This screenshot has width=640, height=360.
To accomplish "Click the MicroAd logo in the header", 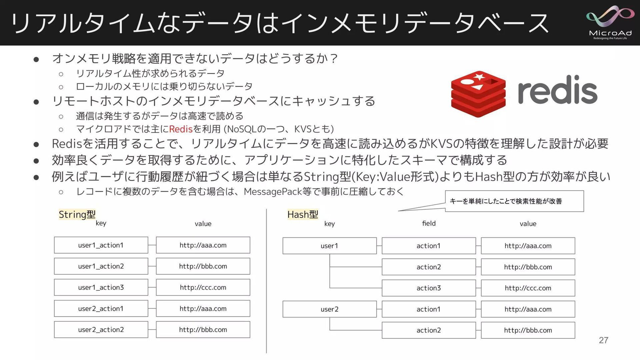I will (x=610, y=23).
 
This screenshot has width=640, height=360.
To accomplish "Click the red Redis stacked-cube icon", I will (x=478, y=94).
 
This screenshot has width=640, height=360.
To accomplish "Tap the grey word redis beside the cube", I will (x=557, y=90).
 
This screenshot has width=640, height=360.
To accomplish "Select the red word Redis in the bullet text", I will (x=181, y=129).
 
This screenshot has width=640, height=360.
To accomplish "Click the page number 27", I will (x=603, y=340).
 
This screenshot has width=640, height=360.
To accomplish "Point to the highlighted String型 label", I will (x=77, y=214).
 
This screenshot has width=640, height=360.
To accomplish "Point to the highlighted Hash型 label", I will (x=303, y=214).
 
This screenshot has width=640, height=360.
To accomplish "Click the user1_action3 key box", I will (x=101, y=287).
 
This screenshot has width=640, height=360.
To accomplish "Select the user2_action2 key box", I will (x=101, y=330).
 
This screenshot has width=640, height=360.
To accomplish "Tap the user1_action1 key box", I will (x=101, y=245).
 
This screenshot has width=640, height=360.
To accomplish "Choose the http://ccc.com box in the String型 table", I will (x=203, y=287).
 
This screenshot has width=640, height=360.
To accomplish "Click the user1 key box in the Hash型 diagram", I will (x=329, y=246).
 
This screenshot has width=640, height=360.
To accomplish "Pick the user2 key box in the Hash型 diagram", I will (x=329, y=309).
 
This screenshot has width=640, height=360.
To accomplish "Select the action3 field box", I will (x=429, y=288).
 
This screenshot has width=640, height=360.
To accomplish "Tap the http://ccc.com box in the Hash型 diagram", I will (x=528, y=288).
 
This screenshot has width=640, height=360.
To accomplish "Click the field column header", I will (x=429, y=223).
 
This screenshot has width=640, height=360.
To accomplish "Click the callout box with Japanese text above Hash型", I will (x=514, y=201).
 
